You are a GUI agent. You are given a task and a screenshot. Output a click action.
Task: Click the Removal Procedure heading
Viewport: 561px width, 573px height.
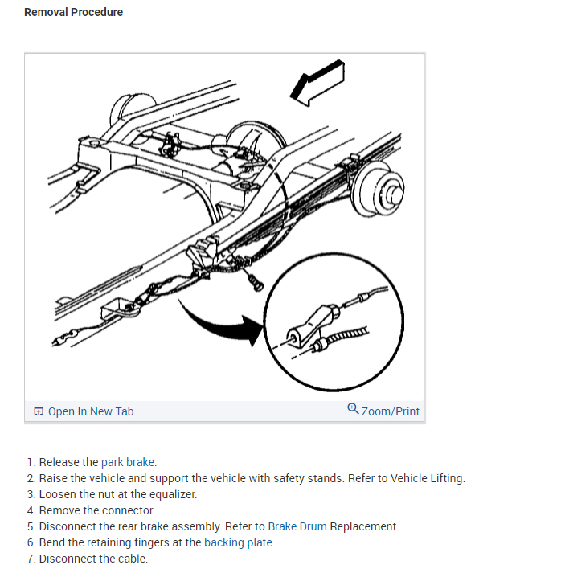point(73,12)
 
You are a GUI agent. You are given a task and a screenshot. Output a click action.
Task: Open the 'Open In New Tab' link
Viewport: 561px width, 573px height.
point(90,411)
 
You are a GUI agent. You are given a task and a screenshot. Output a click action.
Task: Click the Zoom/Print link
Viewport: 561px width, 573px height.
point(390,411)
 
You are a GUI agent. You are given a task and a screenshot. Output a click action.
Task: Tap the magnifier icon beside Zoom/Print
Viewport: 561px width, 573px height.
point(353,409)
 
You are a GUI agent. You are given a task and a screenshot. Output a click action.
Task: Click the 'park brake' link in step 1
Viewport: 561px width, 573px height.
point(128,462)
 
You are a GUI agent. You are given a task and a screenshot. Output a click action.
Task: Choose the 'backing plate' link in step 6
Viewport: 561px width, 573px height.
point(239,542)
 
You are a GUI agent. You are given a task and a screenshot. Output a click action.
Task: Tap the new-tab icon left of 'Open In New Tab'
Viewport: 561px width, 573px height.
point(39,411)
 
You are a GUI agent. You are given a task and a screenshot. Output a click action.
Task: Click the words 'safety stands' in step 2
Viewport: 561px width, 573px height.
point(310,478)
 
